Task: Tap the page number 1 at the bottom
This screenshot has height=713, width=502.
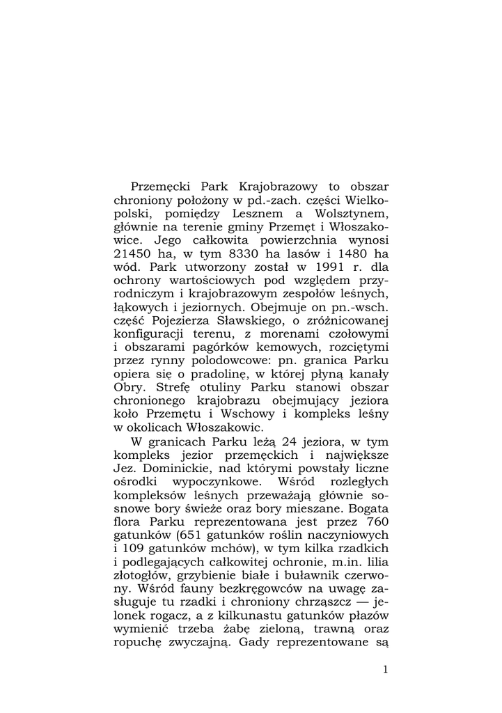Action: click(385, 670)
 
